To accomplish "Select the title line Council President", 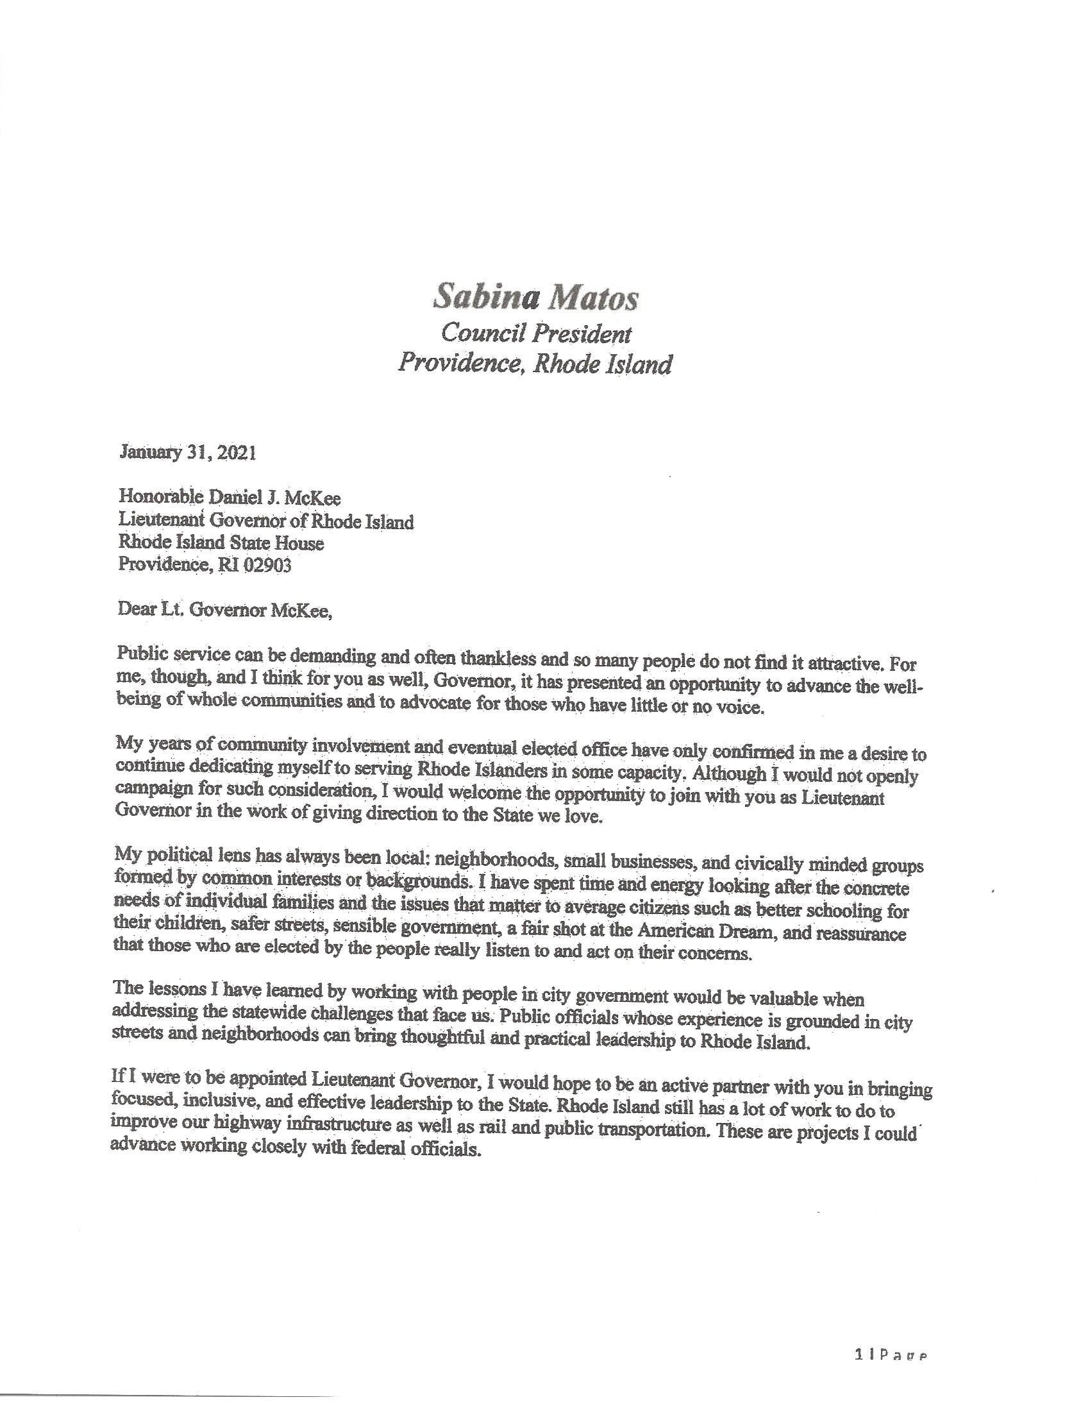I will tap(535, 333).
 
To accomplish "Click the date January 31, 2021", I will tap(187, 453).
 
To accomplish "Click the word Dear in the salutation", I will tap(133, 611).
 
